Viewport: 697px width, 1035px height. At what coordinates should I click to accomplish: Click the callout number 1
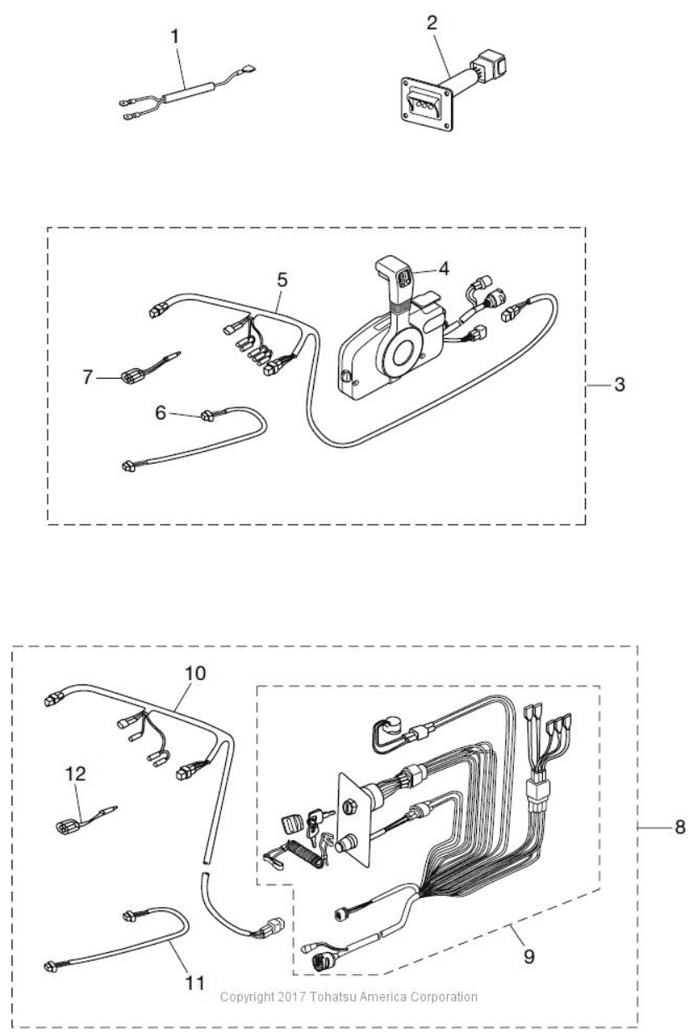click(175, 37)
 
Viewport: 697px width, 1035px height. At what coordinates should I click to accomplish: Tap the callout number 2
click(432, 23)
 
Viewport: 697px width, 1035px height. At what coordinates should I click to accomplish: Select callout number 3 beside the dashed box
click(619, 384)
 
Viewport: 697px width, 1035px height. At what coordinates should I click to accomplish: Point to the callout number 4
click(443, 269)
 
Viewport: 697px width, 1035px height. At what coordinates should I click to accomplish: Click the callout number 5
click(282, 280)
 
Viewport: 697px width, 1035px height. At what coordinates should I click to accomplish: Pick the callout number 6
click(161, 412)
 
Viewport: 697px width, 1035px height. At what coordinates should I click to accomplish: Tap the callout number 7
click(88, 377)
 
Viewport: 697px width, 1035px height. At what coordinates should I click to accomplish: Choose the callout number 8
click(680, 827)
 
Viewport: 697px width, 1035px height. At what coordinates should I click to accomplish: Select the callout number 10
click(195, 674)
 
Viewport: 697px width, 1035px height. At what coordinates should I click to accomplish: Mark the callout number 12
click(75, 774)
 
